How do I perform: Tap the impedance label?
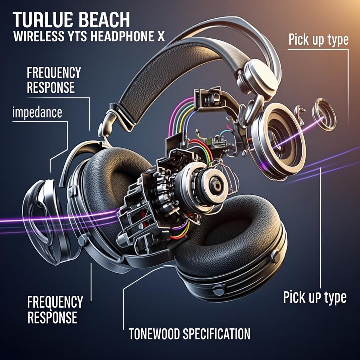coord(37,113)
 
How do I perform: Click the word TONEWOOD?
coord(154,334)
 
